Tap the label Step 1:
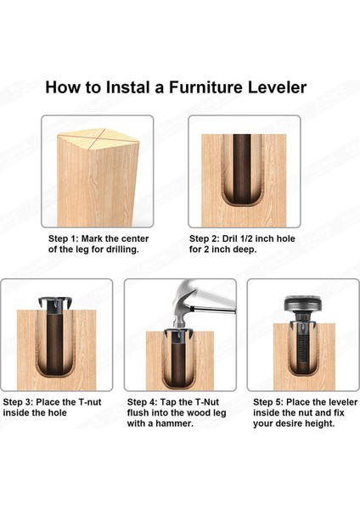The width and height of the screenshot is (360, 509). pyautogui.click(x=64, y=239)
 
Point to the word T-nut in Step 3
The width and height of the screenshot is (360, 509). pyautogui.click(x=90, y=402)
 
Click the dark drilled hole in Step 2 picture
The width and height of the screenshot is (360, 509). pyautogui.click(x=242, y=168)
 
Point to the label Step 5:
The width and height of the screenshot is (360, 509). pyautogui.click(x=268, y=402)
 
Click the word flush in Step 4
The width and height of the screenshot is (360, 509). pyautogui.click(x=138, y=413)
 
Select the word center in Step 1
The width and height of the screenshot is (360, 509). pyautogui.click(x=134, y=239)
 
